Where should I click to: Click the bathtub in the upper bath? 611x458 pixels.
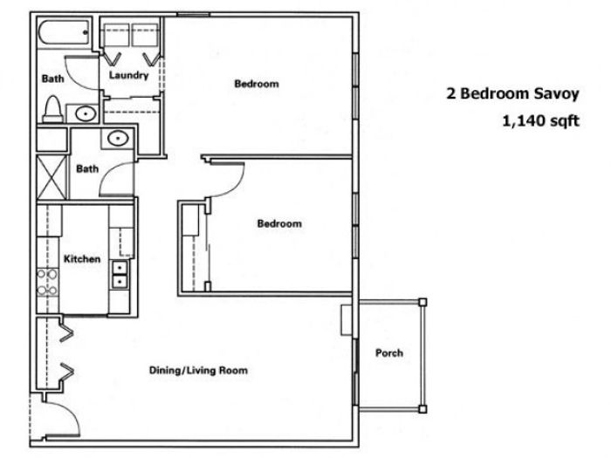[65, 33]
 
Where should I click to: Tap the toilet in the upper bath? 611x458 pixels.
[52, 109]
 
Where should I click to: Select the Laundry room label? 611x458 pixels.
[128, 75]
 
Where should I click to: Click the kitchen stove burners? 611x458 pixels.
[47, 283]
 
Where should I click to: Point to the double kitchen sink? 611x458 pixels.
[120, 275]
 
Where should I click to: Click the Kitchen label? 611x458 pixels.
[82, 259]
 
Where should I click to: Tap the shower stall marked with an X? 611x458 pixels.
[51, 178]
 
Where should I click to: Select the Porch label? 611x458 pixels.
[389, 352]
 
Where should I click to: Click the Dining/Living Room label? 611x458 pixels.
[198, 370]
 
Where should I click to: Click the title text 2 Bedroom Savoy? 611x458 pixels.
[512, 94]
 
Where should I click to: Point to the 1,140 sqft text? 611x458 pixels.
[541, 121]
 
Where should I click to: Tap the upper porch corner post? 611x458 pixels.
[422, 302]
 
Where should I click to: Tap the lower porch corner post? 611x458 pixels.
[422, 409]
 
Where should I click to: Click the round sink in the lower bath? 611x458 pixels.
[118, 138]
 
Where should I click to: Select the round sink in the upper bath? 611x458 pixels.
[86, 113]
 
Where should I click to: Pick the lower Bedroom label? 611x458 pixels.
[279, 223]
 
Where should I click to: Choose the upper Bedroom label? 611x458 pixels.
[257, 84]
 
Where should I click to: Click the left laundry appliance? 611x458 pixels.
[116, 35]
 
